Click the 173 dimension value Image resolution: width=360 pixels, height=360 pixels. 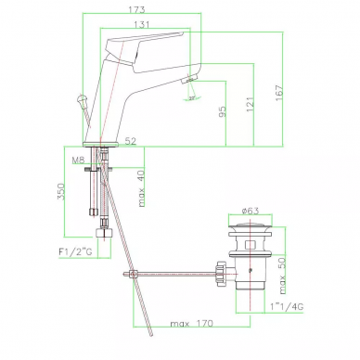[x=136, y=9]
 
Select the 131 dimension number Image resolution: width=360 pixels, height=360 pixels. [x=142, y=24]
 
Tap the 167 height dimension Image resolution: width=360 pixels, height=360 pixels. [x=279, y=93]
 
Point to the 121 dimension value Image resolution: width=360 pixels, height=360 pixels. [x=250, y=104]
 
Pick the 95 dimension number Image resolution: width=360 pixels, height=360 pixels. [x=223, y=111]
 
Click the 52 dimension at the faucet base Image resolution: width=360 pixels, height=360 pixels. [x=131, y=141]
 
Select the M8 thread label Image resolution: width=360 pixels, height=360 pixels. [x=78, y=161]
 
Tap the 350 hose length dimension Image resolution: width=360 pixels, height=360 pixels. [x=60, y=191]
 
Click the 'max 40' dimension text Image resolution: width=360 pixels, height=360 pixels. [x=141, y=188]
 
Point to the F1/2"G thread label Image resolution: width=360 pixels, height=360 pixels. [x=75, y=251]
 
